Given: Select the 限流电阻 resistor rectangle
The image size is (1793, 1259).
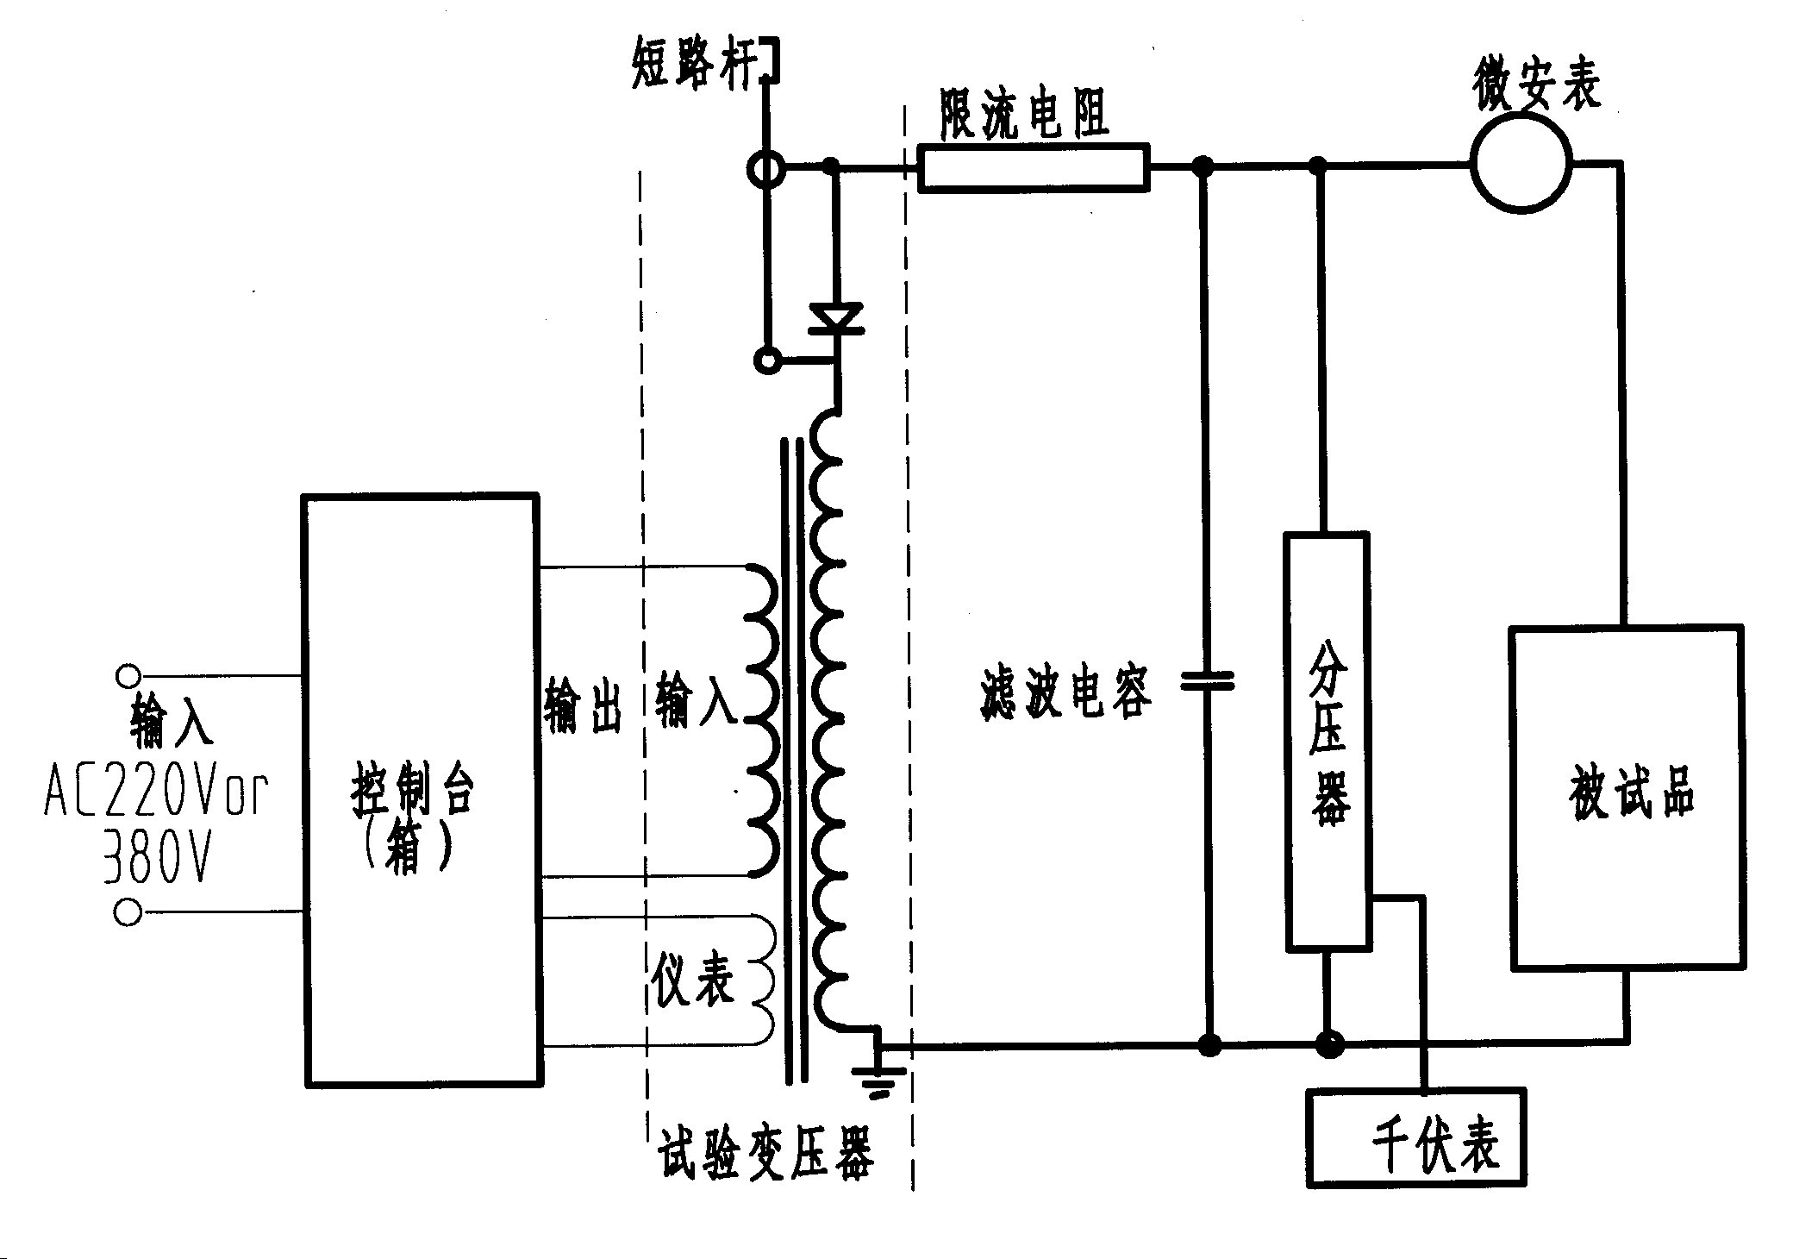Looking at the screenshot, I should [x=1034, y=166].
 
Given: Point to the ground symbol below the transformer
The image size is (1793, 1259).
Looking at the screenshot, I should [x=878, y=1078].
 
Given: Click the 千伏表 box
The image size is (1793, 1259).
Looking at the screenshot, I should [x=1415, y=1137].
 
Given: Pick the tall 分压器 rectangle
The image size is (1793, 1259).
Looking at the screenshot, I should [x=1327, y=742].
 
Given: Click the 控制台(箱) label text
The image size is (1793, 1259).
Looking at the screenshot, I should [x=411, y=815].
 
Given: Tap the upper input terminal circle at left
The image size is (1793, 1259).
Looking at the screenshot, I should [x=128, y=676].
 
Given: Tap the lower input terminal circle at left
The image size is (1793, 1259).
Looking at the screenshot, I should [x=128, y=911].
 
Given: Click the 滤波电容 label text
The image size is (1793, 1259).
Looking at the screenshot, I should [x=1065, y=693].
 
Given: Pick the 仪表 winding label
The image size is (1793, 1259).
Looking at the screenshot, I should [x=692, y=979].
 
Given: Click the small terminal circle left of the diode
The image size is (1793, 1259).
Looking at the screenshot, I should [x=766, y=360].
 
